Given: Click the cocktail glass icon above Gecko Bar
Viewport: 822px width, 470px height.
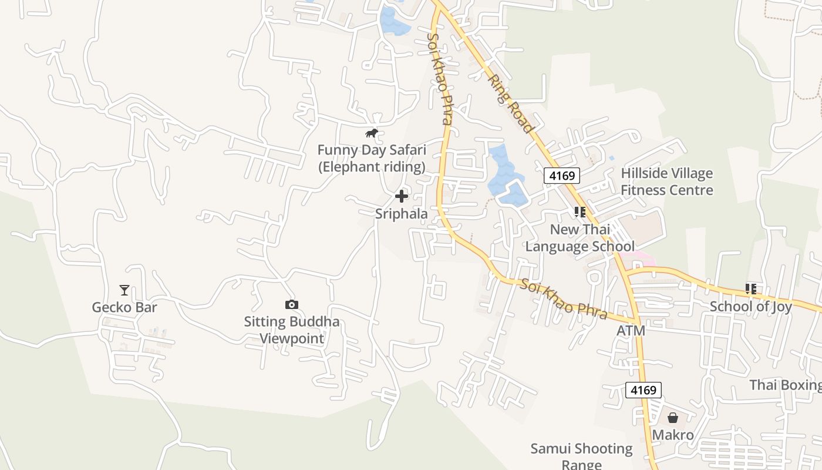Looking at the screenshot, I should pos(124,290).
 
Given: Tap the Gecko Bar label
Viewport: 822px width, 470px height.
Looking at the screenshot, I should pos(124,307).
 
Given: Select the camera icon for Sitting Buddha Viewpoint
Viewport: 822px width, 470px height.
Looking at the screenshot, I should pos(291,304).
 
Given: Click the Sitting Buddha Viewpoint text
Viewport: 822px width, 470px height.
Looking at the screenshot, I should pos(292,330).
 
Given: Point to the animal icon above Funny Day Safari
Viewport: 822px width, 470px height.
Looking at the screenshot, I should pos(371,133).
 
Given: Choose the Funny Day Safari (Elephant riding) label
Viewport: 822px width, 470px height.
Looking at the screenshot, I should pos(372,159).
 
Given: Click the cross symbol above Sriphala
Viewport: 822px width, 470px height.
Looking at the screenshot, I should pos(402,196).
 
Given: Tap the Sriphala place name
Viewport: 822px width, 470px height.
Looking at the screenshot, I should pos(402,214).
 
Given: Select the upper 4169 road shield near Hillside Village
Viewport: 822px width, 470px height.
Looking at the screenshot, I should pos(562,175).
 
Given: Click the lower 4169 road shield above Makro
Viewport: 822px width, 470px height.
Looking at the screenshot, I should pos(643,390).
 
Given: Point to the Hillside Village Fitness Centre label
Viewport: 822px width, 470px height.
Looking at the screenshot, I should pos(667,182).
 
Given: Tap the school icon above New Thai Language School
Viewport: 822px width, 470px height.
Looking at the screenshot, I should pos(580,212).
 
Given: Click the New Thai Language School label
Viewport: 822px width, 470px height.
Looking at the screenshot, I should pos(580,237).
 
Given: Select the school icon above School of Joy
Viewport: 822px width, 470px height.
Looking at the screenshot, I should pos(750,289).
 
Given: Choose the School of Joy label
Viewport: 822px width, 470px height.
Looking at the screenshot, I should pos(750,307).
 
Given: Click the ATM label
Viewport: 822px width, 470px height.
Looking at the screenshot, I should pos(631,331).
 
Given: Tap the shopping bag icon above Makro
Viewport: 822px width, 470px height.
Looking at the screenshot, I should pos(673,418).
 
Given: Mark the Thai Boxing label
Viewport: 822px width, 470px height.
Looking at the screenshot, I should pos(785,385).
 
